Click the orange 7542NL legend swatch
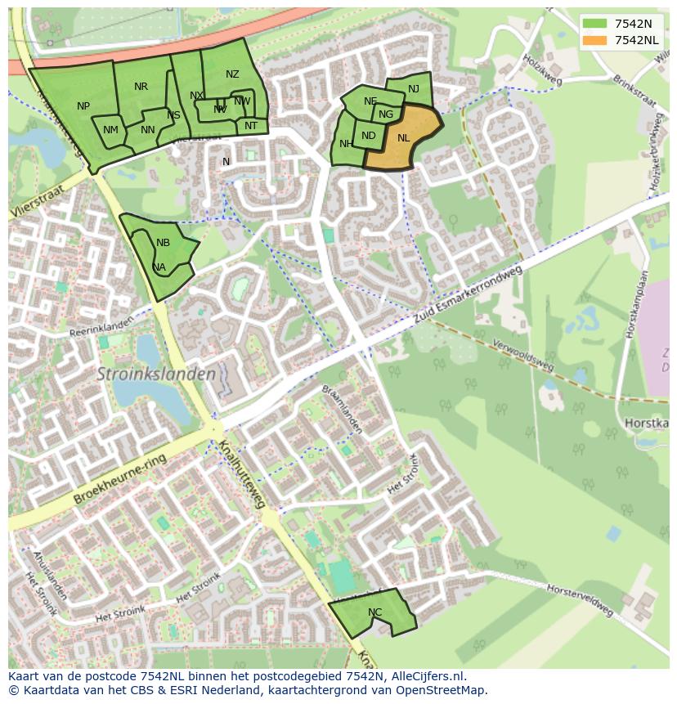click(x=595, y=40)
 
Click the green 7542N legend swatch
click(x=595, y=24)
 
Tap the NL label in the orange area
click(x=403, y=138)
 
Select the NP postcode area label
click(x=83, y=106)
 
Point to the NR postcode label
click(x=141, y=87)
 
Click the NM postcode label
click(x=110, y=130)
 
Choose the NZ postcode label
click(x=232, y=74)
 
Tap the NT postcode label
click(x=250, y=126)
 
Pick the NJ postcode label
click(x=413, y=89)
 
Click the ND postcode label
click(x=368, y=137)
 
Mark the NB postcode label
click(x=163, y=243)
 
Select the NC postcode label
click(x=374, y=612)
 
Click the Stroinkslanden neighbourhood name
click(x=156, y=374)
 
